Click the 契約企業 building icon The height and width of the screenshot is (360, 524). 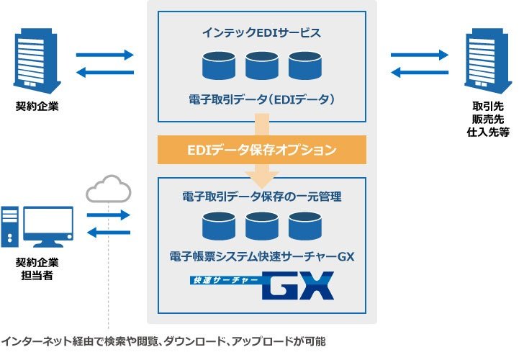(37, 60)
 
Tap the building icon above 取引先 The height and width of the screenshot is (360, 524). (488, 60)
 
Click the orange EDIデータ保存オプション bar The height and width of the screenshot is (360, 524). (262, 150)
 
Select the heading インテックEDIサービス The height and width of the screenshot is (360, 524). (262, 32)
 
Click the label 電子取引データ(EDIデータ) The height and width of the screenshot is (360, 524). (262, 99)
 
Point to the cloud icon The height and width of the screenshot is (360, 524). (109, 189)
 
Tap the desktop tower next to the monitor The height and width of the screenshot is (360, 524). (9, 227)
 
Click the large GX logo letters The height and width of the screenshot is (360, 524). (299, 285)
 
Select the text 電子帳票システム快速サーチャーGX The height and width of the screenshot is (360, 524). (262, 257)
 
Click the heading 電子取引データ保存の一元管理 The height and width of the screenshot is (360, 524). (262, 197)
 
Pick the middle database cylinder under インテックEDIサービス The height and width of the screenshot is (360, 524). (262, 66)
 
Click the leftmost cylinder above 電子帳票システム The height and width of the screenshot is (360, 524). (219, 226)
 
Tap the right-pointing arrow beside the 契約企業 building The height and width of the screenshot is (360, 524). (105, 55)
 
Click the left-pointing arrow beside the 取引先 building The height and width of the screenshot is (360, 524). (420, 72)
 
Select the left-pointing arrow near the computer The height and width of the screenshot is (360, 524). (109, 233)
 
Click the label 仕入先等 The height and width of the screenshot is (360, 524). (488, 132)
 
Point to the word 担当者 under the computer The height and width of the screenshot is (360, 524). (37, 276)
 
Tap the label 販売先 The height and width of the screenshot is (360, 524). (488, 119)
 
